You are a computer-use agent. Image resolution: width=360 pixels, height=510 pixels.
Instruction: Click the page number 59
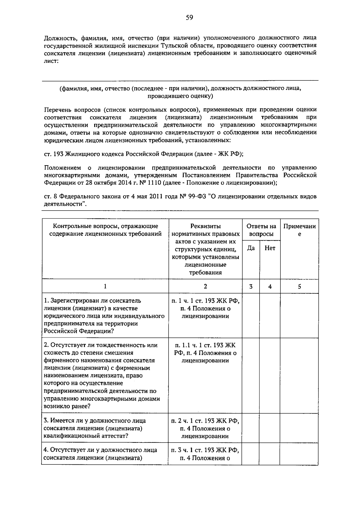pos(189,18)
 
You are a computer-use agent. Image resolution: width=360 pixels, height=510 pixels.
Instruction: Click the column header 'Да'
pos(251,248)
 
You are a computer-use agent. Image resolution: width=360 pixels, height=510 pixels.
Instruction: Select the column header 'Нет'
pos(270,248)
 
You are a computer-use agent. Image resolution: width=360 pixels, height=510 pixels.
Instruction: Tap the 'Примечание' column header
pos(299,230)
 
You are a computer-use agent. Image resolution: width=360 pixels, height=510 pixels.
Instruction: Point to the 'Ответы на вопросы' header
pos(261,230)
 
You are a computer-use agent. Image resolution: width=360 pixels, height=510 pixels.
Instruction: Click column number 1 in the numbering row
pos(105,286)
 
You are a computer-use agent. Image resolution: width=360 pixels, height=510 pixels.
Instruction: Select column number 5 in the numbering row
pos(299,286)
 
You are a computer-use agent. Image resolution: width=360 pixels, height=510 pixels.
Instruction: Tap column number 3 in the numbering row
pos(251,286)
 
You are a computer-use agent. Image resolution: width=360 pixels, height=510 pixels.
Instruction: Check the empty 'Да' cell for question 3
pos(251,428)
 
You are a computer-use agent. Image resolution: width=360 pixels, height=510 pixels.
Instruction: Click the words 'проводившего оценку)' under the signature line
pos(180,96)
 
